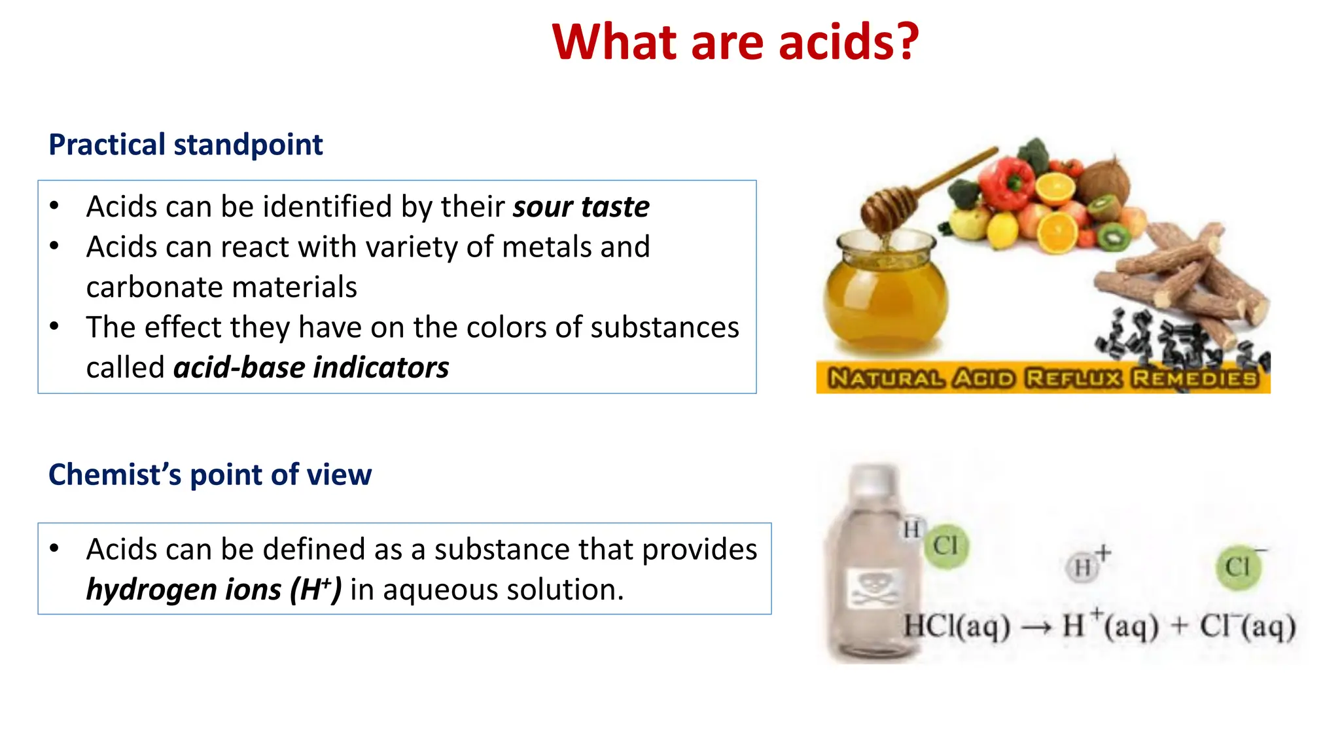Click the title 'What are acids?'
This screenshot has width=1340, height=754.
click(735, 43)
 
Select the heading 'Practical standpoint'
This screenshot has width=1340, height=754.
click(186, 145)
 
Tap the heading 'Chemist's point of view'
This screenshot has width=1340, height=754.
click(210, 475)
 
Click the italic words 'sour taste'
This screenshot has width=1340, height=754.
click(581, 207)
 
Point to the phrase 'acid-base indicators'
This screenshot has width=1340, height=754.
click(311, 368)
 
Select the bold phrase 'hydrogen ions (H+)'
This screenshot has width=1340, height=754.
click(214, 590)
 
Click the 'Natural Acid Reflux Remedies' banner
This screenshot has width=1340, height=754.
click(1043, 378)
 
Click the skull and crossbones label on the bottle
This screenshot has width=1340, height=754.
click(873, 587)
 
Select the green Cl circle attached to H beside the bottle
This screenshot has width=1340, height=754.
click(946, 545)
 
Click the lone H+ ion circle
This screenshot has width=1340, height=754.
click(1083, 567)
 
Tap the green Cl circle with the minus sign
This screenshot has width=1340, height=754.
click(1238, 567)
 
